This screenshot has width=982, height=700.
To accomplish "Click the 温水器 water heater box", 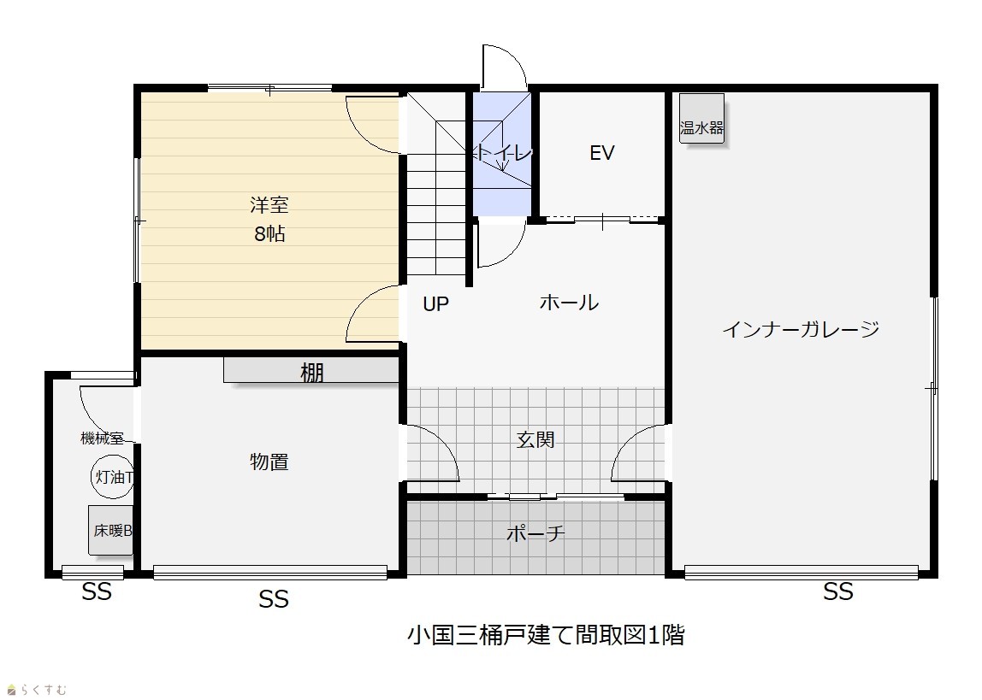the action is [x=701, y=118].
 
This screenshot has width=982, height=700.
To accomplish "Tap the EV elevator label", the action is [x=602, y=153].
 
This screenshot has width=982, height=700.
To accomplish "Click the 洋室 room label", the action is [x=269, y=204].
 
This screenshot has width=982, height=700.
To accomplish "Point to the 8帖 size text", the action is [x=270, y=234].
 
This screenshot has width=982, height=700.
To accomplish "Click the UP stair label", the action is [x=436, y=304].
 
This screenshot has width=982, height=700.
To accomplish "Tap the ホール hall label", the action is [x=569, y=303].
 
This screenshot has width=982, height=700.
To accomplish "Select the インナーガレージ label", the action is [x=801, y=329].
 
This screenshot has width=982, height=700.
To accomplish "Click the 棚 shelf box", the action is [x=311, y=370].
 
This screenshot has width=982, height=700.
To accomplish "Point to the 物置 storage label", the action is [x=269, y=462].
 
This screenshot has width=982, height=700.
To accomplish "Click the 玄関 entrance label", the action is [x=535, y=440].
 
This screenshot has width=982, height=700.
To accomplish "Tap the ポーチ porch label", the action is [x=535, y=533].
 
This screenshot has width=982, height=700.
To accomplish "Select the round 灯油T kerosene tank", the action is [x=113, y=477].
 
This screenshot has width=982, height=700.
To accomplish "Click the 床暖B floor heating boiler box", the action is [x=111, y=531].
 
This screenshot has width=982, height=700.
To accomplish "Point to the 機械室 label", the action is [x=102, y=438].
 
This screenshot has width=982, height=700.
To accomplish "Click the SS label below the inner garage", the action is [x=838, y=591].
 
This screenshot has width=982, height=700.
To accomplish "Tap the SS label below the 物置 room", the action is [x=274, y=599].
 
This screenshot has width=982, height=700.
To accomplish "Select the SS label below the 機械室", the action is [x=97, y=591].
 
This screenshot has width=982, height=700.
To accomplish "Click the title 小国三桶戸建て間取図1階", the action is [x=546, y=635].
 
